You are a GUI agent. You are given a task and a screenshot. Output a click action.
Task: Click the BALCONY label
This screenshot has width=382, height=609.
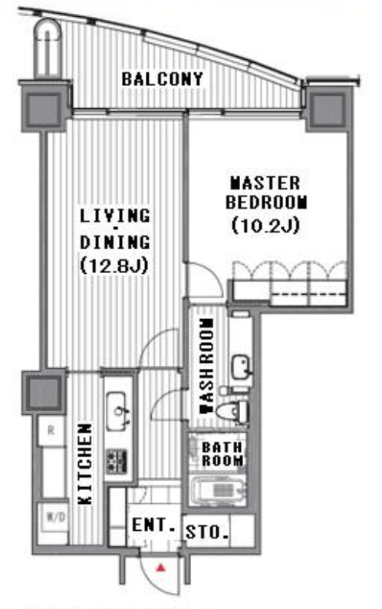tap(163, 79)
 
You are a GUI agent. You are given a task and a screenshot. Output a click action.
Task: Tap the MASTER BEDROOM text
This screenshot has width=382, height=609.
tap(267, 193)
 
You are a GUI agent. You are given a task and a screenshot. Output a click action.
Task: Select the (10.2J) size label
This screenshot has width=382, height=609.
tap(266, 225)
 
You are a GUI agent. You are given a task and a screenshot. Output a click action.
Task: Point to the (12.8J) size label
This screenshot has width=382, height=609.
tap(114, 266)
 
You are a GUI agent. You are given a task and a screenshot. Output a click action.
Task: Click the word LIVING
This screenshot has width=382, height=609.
tap(114, 216)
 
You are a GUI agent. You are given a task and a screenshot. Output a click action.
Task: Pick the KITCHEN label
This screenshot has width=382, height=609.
tap(85, 464)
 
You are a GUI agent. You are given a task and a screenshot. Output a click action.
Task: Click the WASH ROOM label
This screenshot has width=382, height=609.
tap(206, 367)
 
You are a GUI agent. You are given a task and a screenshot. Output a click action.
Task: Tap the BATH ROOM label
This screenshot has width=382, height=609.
tap(222, 454)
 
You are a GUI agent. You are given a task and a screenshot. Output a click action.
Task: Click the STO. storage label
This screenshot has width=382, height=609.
tap(207, 532)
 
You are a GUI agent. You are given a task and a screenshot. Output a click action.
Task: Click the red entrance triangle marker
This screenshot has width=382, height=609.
tap(160, 568)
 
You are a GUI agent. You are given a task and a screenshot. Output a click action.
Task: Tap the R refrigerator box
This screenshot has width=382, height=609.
tap(51, 431)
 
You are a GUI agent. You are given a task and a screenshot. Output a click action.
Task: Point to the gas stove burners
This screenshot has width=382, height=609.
tap(117, 462)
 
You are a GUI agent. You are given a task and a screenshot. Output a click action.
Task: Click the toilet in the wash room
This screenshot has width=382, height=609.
tap(231, 411)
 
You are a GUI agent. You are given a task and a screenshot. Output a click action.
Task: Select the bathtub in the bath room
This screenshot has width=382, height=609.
tap(218, 490)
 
